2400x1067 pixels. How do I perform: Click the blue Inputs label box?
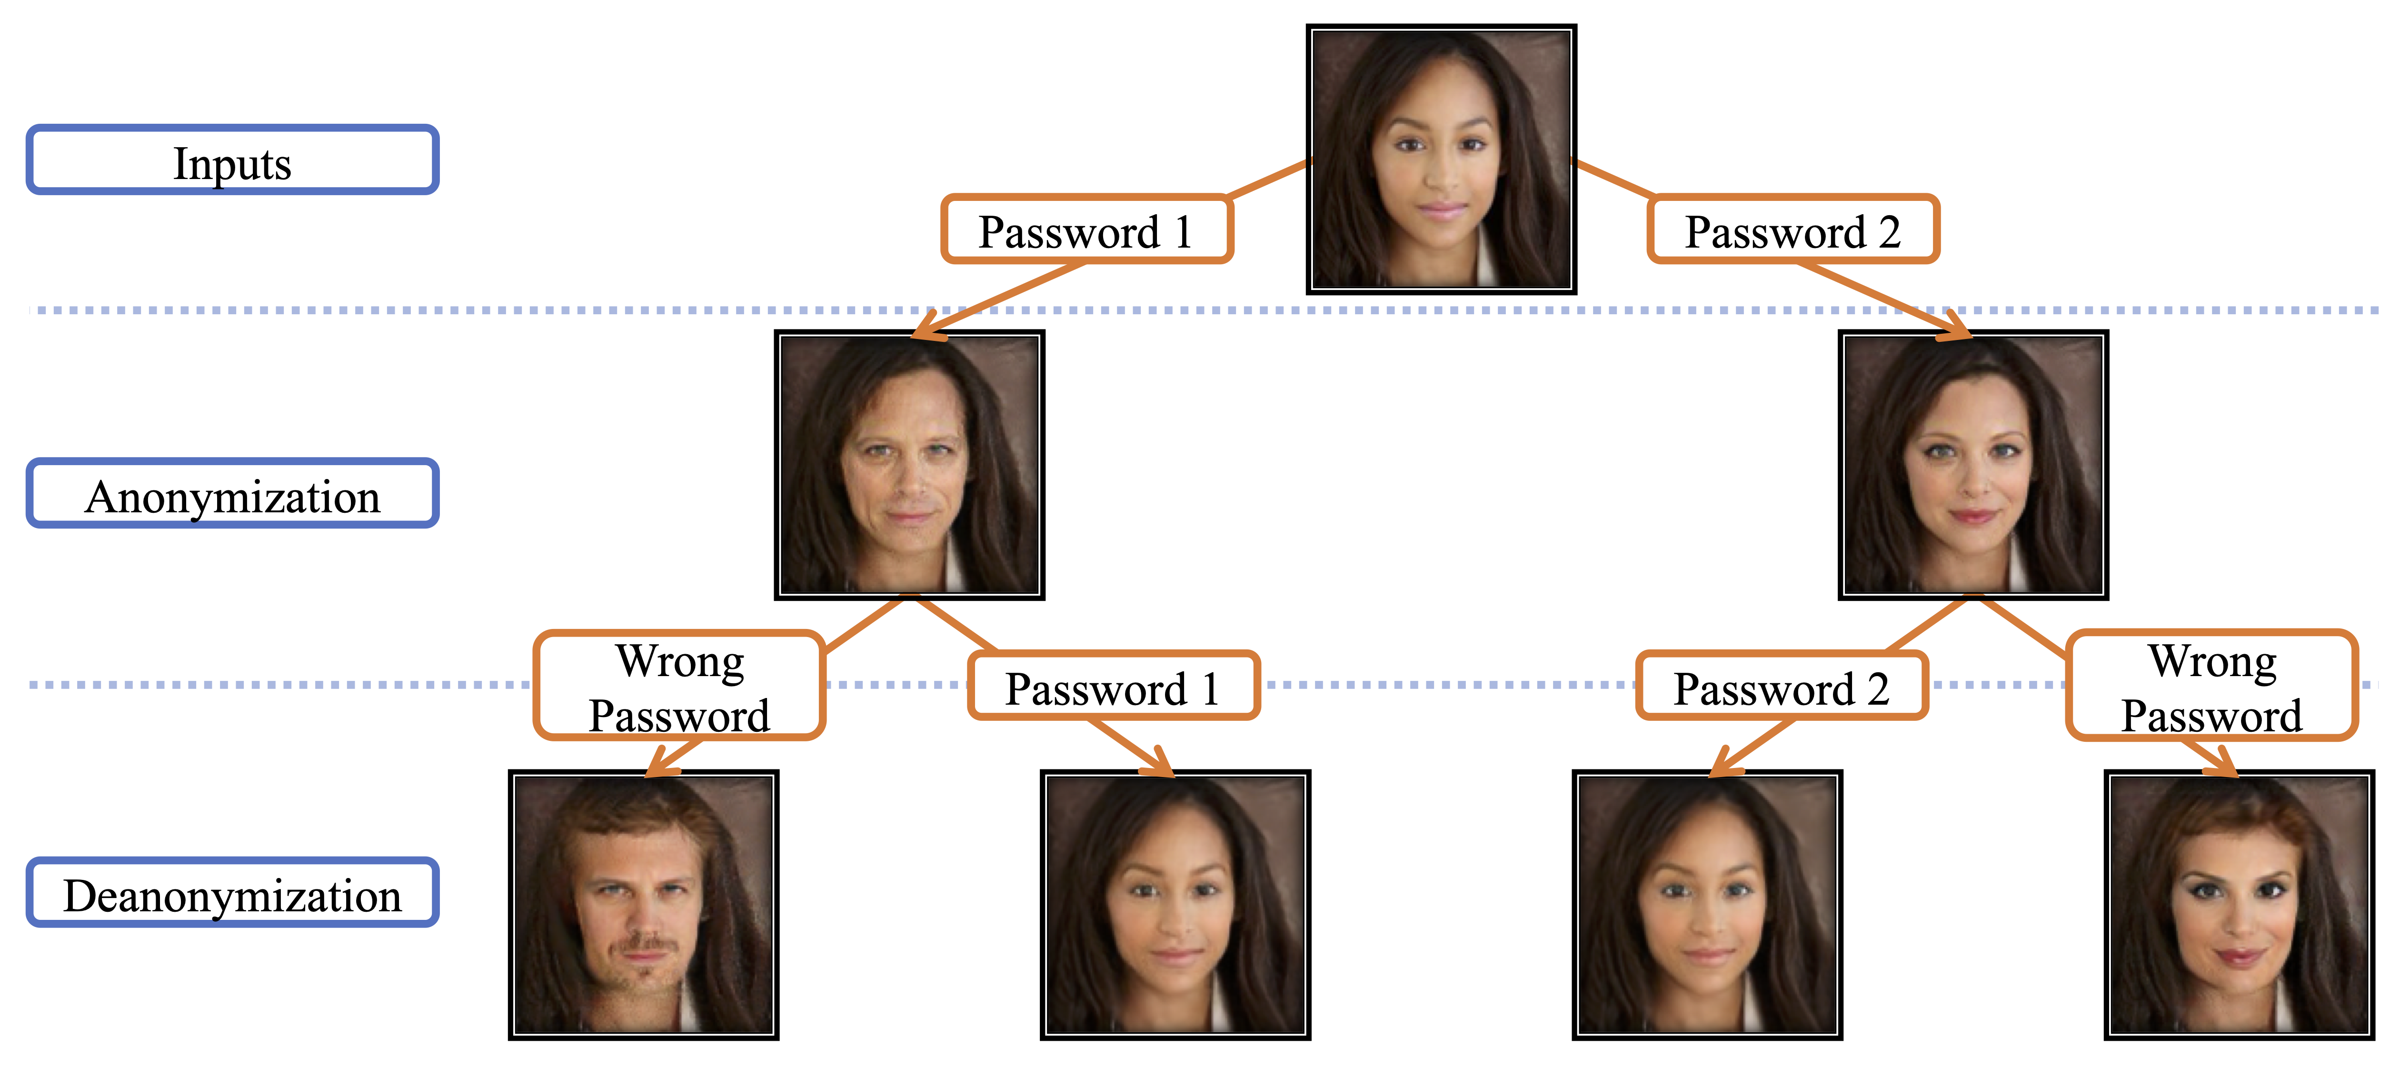[x=232, y=160]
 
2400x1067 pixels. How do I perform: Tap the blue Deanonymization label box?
[x=232, y=893]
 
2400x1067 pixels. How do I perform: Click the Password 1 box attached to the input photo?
[x=1086, y=229]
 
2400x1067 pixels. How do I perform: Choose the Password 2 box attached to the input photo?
[x=1793, y=229]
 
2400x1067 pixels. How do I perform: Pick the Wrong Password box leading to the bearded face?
[x=679, y=686]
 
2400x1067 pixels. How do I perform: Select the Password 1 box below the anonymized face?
[x=1114, y=686]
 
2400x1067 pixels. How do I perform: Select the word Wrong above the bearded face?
[x=680, y=661]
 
